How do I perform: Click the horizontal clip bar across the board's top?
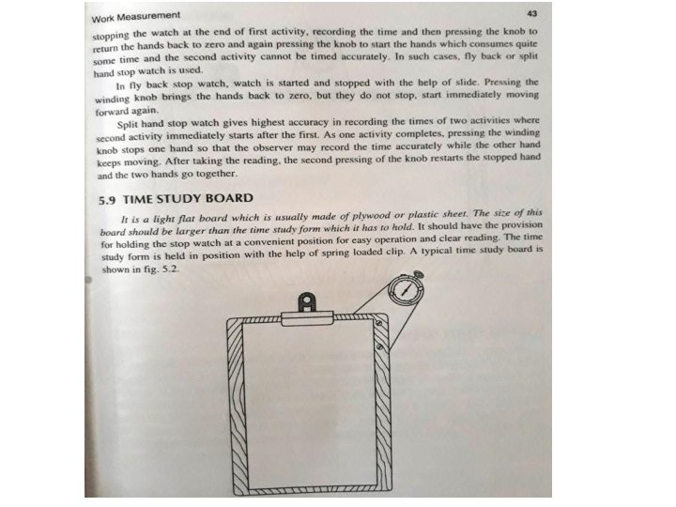coord(307,319)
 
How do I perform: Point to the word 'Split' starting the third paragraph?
coord(131,123)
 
